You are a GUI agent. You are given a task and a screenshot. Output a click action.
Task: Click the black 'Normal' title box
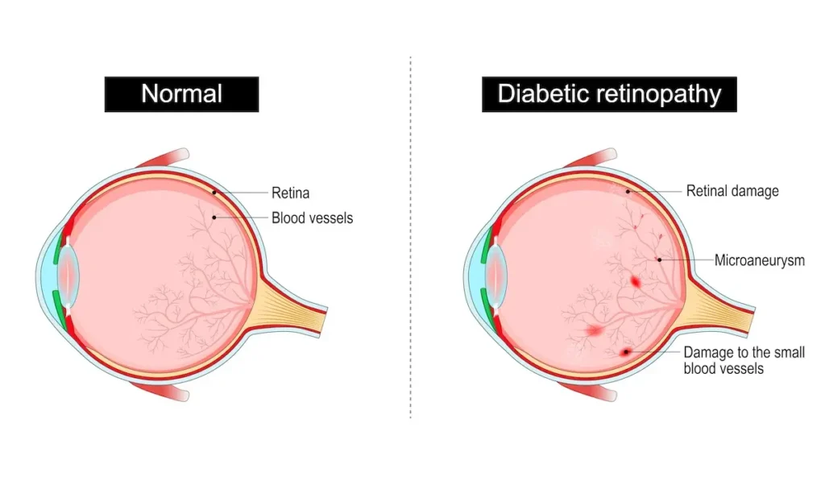coord(181,94)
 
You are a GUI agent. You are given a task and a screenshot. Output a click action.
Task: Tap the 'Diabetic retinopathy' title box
coord(609,94)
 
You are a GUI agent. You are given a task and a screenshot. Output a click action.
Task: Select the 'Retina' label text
coord(290,193)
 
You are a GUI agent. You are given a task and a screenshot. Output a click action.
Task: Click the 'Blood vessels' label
coord(312,218)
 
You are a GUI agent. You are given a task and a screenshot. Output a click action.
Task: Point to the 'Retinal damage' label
coord(732,191)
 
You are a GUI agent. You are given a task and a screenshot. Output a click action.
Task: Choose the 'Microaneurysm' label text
coord(759,260)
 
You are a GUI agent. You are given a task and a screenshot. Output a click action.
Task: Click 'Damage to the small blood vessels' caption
coord(744,360)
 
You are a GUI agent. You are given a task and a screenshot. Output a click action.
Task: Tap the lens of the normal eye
coord(70,275)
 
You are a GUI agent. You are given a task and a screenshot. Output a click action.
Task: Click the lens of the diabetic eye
coord(498,275)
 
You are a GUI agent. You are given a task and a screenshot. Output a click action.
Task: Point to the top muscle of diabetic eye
coord(592,156)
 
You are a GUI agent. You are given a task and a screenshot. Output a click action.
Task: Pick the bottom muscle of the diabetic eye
coord(592,393)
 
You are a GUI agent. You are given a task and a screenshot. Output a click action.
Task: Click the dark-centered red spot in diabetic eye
coord(626,352)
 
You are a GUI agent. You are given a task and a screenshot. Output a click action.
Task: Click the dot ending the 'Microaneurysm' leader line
coord(659,259)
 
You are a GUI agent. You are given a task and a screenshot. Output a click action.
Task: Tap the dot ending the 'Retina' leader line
coord(214,193)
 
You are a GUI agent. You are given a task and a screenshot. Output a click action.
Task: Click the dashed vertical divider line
coord(411,242)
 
